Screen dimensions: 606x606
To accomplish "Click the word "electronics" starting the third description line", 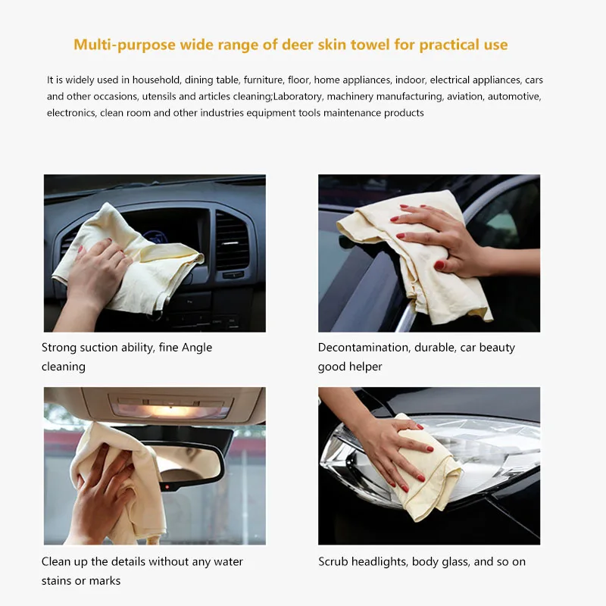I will (70, 113).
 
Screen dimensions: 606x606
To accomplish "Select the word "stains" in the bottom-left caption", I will (57, 580).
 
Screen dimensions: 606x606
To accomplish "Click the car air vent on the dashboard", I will (231, 239).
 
